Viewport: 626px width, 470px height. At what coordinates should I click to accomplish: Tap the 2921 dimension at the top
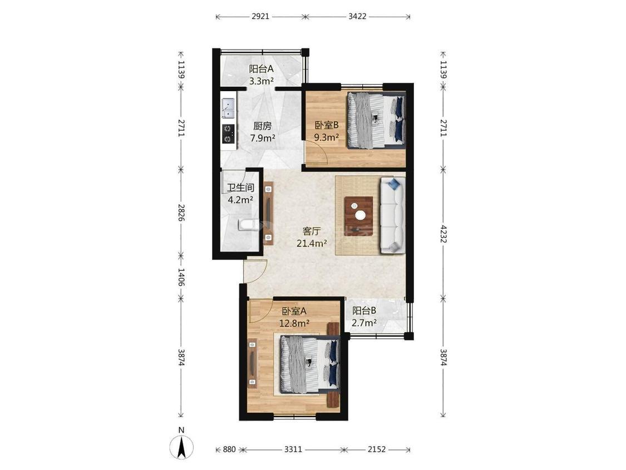coord(260,16)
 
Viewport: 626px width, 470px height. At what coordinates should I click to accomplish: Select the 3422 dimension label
coord(357,16)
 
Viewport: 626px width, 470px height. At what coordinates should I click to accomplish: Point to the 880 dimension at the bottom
coord(229,449)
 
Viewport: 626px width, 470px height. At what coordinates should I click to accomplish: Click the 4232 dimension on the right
coord(443,235)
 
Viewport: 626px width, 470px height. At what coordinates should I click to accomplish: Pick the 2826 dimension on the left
coord(181,213)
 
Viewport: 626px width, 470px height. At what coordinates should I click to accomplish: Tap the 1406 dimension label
coord(181,278)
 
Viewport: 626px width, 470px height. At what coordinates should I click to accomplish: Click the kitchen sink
coord(228,108)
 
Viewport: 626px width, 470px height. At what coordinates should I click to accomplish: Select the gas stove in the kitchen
coord(228,133)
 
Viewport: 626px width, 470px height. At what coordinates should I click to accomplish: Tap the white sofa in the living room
coord(392,215)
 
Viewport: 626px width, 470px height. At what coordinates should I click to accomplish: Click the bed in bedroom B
coord(376,121)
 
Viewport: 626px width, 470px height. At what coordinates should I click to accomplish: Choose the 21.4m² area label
coord(312,243)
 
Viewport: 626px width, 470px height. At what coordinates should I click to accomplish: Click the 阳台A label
coord(261,68)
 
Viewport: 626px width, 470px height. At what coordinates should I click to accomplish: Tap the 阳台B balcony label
coord(364,310)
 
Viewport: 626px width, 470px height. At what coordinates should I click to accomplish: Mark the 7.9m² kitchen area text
coord(262,138)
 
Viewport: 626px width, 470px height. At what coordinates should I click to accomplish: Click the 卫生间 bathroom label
coord(240,187)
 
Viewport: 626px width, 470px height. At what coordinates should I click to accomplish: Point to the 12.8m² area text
coord(294,323)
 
